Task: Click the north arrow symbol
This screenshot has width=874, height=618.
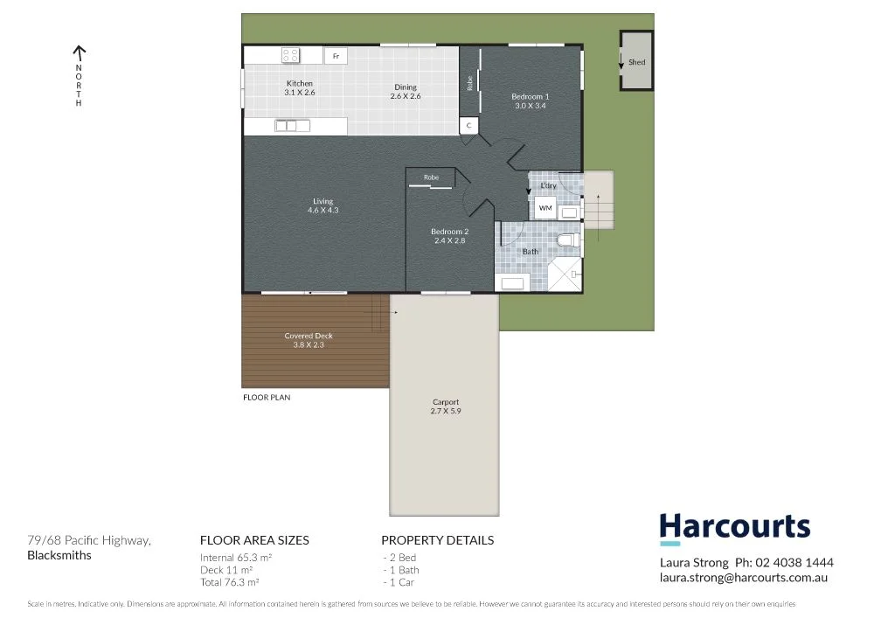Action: pos(79,53)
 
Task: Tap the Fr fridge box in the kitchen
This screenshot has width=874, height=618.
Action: pos(336,56)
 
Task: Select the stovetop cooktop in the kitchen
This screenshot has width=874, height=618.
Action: pos(291,55)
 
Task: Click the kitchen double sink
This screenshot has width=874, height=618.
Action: pos(292,126)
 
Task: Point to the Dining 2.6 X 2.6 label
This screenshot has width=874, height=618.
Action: pos(406,92)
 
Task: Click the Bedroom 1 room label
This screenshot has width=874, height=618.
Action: pos(530,101)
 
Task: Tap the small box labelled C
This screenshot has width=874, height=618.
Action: pos(469,126)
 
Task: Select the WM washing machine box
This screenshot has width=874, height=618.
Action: pos(545,208)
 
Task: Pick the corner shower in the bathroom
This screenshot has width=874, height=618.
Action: pos(564,274)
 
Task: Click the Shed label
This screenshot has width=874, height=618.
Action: pos(637,63)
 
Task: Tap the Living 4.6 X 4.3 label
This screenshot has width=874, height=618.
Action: pos(323,206)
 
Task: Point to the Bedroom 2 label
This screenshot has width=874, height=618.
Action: pos(449,236)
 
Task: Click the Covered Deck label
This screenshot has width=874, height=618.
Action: pos(309,340)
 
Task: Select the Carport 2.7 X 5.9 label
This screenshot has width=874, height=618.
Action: pos(445,406)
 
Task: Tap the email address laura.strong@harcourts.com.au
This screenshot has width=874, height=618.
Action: pos(743,578)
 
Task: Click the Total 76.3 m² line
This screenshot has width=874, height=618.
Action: pos(229,581)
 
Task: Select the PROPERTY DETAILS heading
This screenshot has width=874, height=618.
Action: pos(437,540)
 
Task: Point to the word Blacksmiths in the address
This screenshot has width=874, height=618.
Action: pos(59,555)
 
